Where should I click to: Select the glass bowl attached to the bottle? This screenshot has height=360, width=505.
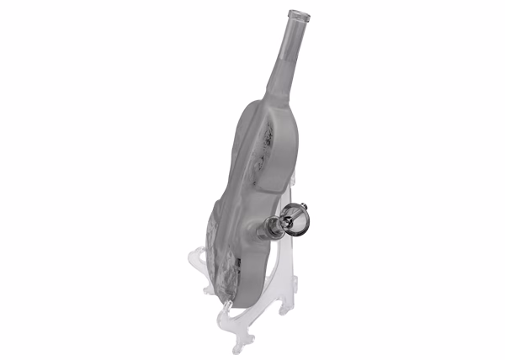point(300,221)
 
